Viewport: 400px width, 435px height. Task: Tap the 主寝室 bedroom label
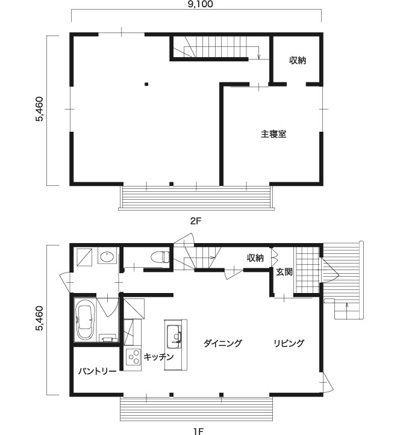273,134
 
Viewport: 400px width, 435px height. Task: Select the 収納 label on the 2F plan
298,60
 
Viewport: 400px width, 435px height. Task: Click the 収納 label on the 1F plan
255,258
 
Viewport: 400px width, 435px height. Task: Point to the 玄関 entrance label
284,272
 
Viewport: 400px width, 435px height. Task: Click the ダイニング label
222,344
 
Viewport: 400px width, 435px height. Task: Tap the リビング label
289,344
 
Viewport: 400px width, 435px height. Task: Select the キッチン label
158,357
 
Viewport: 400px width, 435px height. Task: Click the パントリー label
97,371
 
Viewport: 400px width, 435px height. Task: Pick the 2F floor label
196,221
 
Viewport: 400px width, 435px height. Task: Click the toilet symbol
160,257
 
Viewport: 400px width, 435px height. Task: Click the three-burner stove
133,357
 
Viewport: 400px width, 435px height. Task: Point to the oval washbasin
107,257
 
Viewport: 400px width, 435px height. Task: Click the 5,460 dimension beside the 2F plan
39,109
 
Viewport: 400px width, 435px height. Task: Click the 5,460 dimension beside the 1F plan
39,319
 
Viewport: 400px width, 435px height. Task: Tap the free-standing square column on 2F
146,84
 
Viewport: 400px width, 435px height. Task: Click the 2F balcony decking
196,198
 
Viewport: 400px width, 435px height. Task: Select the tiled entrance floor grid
307,270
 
